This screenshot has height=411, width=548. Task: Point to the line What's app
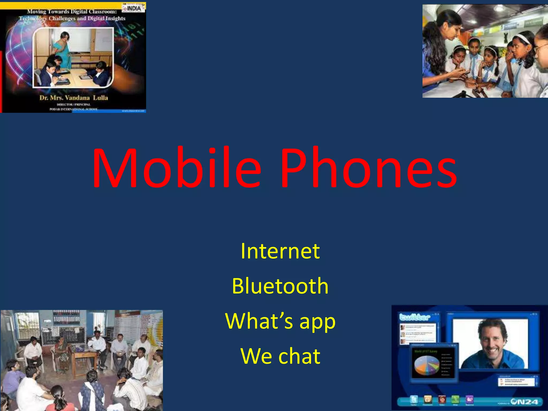[x=280, y=321]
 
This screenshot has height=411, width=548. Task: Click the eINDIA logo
[x=133, y=8]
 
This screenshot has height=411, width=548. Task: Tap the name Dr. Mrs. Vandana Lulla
[x=74, y=98]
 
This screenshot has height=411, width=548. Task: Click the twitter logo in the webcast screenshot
[x=414, y=317]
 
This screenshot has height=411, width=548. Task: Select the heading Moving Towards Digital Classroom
[x=72, y=12]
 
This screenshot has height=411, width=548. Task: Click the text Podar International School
[x=74, y=109]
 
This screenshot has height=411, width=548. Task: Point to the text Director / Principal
[x=74, y=104]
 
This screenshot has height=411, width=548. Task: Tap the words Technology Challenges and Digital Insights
[x=72, y=18]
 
